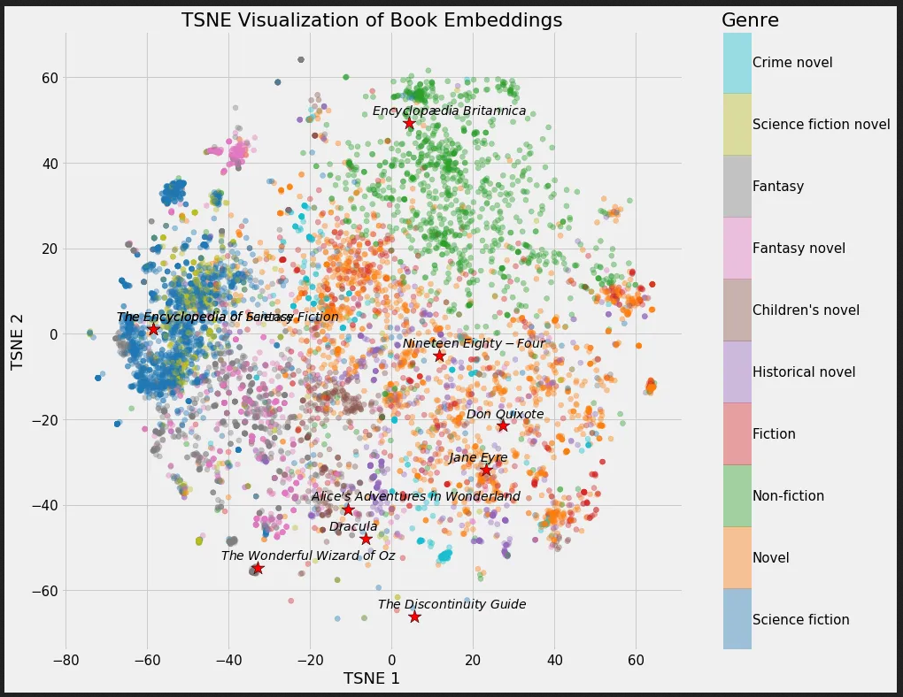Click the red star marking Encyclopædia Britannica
408,123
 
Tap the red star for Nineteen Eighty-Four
439,356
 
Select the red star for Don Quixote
503,425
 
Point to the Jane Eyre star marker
486,470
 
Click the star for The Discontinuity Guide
414,617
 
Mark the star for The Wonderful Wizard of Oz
258,568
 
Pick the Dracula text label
353,526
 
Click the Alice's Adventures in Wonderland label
415,496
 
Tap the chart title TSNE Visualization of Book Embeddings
372,20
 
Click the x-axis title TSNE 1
372,678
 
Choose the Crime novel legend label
792,63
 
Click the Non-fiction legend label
788,496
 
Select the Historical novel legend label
804,372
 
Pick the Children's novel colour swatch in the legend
737,310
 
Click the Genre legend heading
750,20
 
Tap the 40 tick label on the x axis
554,660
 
